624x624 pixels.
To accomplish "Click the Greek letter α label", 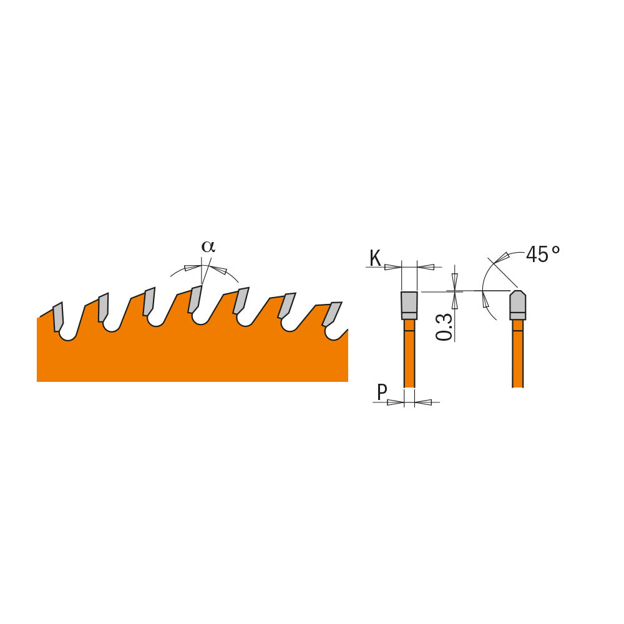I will click(208, 246).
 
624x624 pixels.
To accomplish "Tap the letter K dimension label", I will click(375, 258).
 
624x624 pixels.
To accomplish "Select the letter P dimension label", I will click(382, 392).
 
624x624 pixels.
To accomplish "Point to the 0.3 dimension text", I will click(444, 326).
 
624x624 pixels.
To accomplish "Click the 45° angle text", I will click(543, 255).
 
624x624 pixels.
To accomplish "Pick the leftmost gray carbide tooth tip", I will click(58, 317).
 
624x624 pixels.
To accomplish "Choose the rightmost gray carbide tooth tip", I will click(332, 314).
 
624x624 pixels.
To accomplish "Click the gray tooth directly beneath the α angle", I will click(195, 299).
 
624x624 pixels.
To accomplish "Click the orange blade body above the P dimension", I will click(409, 356).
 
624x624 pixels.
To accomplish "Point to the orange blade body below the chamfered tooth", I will click(517, 356).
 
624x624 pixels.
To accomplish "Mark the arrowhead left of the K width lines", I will click(392, 267).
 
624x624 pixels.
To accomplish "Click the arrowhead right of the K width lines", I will click(426, 267).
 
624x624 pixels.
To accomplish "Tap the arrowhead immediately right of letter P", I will click(396, 402).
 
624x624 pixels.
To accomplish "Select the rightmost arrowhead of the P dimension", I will click(423, 402).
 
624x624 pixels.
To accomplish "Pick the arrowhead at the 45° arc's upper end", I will click(502, 258).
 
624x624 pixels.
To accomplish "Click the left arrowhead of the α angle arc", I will click(192, 268).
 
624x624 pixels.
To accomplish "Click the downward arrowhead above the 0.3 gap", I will click(455, 281).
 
